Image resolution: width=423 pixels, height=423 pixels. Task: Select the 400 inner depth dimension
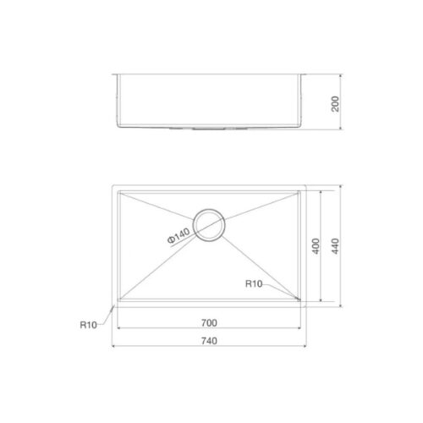tap(315, 246)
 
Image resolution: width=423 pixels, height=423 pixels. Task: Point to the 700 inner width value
tap(210, 322)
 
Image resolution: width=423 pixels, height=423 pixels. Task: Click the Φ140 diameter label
tap(179, 239)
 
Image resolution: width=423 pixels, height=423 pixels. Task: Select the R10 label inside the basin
tap(254, 284)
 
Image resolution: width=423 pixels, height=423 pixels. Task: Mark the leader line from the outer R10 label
tap(105, 315)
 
